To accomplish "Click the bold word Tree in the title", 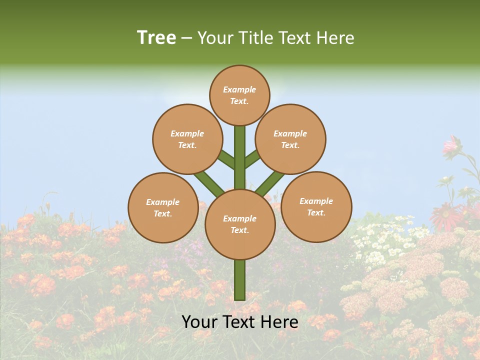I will [x=156, y=38].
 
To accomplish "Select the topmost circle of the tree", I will [x=239, y=95].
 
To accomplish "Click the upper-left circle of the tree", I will [x=187, y=139].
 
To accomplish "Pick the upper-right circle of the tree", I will [x=290, y=139].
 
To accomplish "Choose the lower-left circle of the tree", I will [x=162, y=207].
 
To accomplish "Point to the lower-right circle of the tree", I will [x=316, y=206].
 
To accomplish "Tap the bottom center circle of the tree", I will [x=239, y=224].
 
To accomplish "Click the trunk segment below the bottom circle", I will [x=239, y=280].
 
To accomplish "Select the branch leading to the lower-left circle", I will [x=209, y=183].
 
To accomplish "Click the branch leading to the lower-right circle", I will [x=270, y=183].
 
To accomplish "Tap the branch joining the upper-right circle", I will [x=252, y=159].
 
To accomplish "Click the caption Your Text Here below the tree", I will [x=239, y=322].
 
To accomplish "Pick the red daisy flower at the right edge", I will [x=445, y=216].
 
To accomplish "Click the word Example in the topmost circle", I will [x=239, y=89].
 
